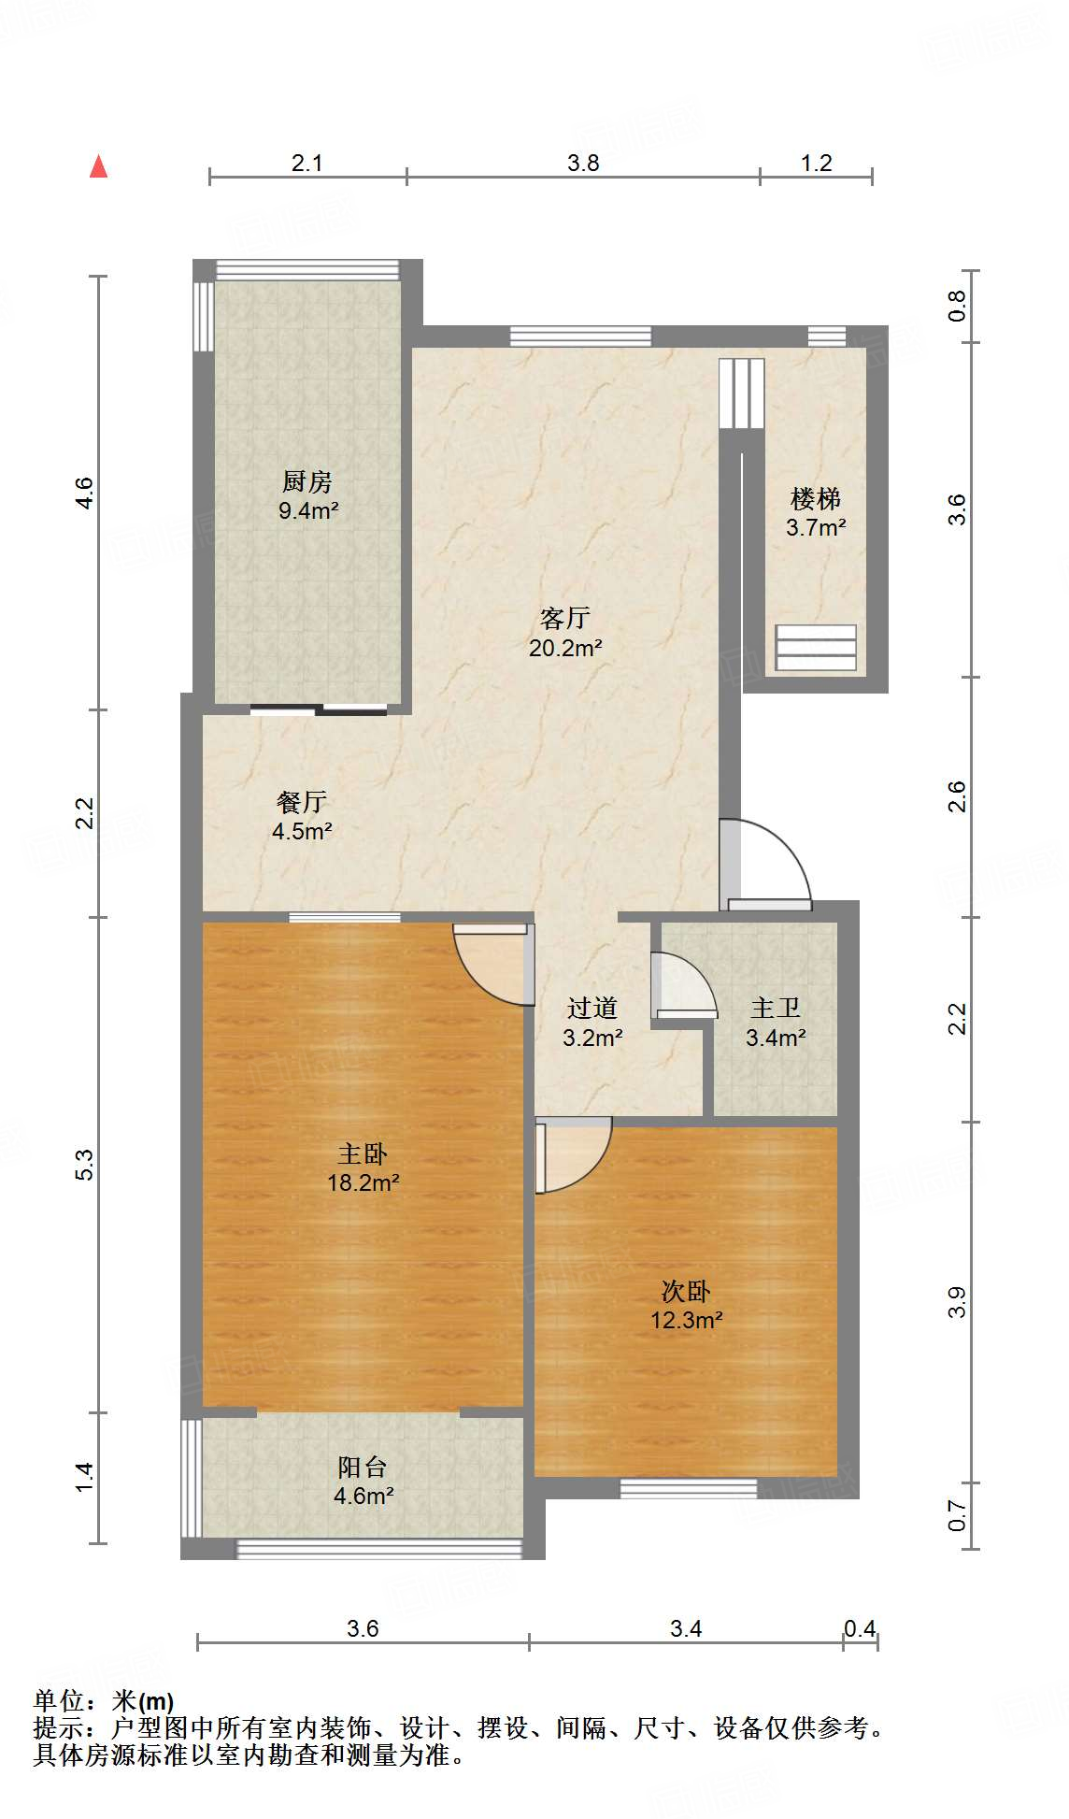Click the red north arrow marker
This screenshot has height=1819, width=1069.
click(x=98, y=166)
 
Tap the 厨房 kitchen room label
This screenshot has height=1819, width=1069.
click(x=307, y=481)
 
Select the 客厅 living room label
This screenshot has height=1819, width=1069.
click(x=565, y=618)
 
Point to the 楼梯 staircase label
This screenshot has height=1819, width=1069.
click(x=816, y=498)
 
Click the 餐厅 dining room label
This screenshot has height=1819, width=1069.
click(x=302, y=802)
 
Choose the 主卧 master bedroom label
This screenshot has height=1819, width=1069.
click(x=363, y=1154)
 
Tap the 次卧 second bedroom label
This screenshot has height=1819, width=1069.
click(x=686, y=1292)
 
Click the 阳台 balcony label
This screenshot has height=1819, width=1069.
click(x=363, y=1467)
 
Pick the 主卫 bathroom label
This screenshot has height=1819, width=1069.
click(x=776, y=1009)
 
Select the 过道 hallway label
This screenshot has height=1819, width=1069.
click(x=592, y=1009)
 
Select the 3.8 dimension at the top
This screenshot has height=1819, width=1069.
click(x=583, y=163)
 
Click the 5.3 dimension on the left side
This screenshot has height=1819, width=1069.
click(x=84, y=1164)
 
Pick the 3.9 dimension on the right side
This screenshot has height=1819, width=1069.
click(x=957, y=1303)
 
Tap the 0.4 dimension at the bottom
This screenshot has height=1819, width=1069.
click(x=860, y=1629)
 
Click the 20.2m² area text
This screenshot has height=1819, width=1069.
click(x=565, y=647)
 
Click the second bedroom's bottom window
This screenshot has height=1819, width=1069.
click(x=689, y=1488)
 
